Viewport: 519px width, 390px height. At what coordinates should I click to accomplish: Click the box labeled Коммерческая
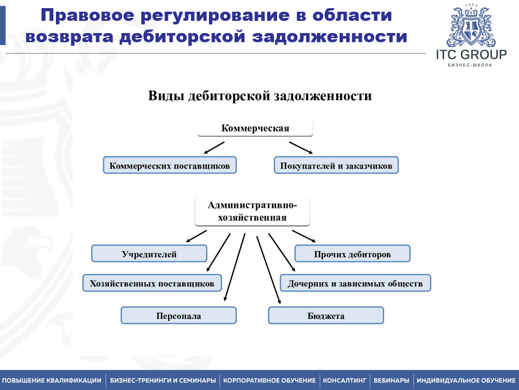coord(255,128)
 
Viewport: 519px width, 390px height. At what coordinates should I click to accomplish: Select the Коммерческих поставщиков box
coord(170,165)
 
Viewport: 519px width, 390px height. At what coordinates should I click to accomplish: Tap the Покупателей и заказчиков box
coord(336,165)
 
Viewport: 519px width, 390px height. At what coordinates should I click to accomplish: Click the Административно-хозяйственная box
coord(252,212)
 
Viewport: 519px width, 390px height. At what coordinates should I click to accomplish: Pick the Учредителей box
coord(149,254)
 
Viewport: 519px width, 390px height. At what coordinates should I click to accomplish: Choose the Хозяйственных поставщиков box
coord(152,283)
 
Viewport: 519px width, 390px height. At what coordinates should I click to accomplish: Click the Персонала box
coord(178,316)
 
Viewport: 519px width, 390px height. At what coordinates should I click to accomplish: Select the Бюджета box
coord(326,316)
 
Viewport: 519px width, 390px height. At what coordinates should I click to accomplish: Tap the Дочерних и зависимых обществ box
coord(355,283)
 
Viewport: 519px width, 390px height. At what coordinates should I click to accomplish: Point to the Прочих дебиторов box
coord(352,254)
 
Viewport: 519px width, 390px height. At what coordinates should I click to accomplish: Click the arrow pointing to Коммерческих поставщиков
coord(214,147)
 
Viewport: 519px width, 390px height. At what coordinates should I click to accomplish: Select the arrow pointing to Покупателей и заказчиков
coord(301,147)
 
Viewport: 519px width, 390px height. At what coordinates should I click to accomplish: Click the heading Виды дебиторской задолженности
coord(260,96)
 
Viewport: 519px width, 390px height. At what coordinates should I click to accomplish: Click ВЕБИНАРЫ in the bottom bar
coord(391,380)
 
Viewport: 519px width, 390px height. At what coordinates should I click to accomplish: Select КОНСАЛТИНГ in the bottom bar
coord(345,380)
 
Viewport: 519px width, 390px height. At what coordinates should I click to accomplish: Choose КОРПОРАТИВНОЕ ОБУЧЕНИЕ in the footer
coord(269,380)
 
